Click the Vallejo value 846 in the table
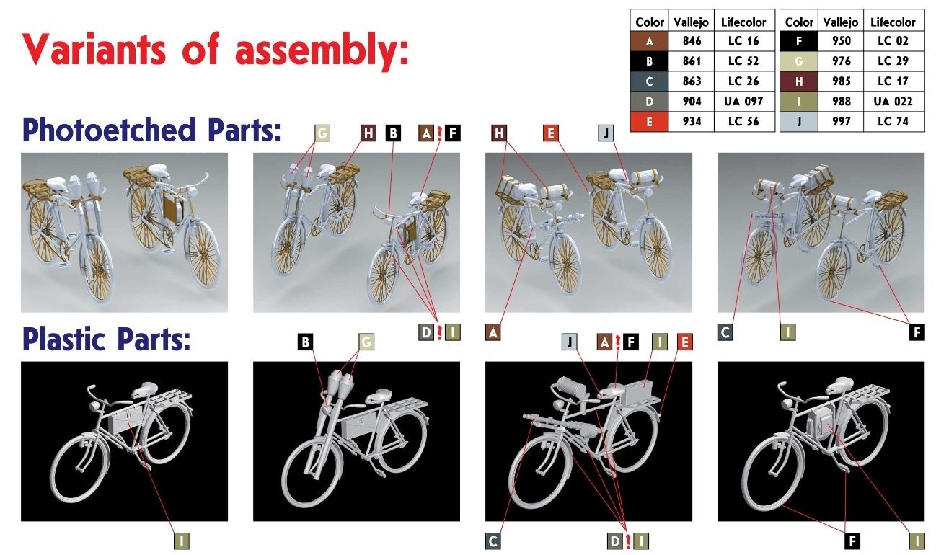tap(692, 41)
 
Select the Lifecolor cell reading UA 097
tap(743, 101)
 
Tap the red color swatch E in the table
tap(649, 122)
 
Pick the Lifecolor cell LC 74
tap(893, 122)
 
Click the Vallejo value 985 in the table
tap(841, 81)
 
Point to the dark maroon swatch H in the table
tap(798, 81)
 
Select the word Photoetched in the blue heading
tap(109, 130)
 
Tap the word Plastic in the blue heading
tap(64, 339)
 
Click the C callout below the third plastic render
tap(493, 541)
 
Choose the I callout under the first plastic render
tap(181, 541)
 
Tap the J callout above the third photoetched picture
tap(606, 133)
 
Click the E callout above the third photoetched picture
tap(551, 133)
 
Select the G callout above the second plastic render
tap(366, 342)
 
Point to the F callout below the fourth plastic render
tap(852, 541)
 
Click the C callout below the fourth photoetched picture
tap(725, 332)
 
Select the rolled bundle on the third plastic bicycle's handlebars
tap(573, 388)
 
